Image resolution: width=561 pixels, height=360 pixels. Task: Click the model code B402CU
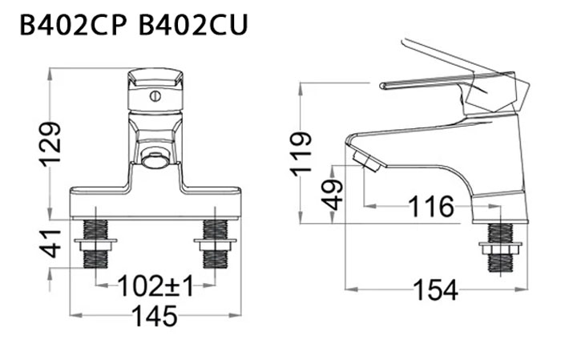tap(193, 26)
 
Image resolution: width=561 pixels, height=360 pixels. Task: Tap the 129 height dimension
tap(50, 144)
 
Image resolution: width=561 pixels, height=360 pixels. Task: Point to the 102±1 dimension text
tap(155, 285)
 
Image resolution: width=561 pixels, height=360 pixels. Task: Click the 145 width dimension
tap(155, 316)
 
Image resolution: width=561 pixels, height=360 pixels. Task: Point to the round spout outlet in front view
tap(154, 158)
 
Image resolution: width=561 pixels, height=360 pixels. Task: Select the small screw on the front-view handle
tap(155, 96)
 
